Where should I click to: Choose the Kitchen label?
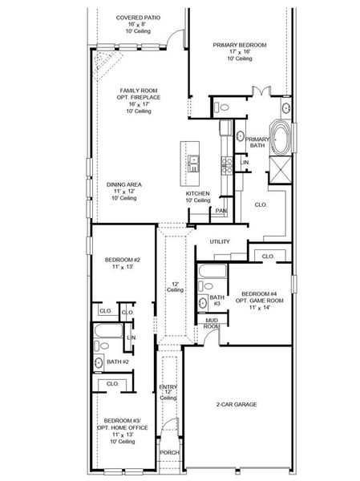point(198,195)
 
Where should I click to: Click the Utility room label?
point(220,241)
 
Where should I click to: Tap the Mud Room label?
point(211,323)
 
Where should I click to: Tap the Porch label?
point(169,452)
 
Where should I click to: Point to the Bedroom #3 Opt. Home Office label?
point(123,426)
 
